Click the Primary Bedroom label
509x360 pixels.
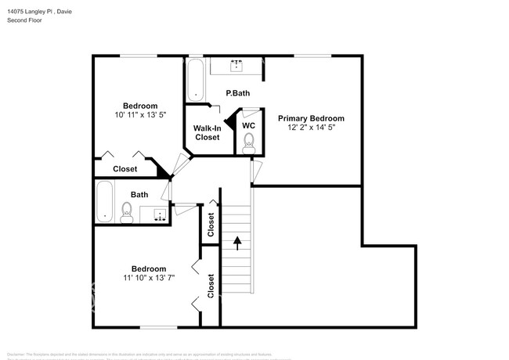[x=311, y=118]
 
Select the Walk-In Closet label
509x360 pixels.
[x=208, y=132]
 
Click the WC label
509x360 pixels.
[x=248, y=125]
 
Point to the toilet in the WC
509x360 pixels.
[x=249, y=142]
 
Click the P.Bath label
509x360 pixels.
[x=237, y=94]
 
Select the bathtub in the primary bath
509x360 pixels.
[x=196, y=81]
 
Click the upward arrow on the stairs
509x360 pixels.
[x=237, y=244]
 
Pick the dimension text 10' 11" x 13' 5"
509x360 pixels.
[x=139, y=116]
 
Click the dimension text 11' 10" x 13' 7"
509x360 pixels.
[x=148, y=277]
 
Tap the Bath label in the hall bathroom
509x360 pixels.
[x=139, y=195]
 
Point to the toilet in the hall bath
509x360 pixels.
[x=126, y=211]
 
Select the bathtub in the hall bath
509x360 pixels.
[x=105, y=202]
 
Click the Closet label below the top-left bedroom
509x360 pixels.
[x=125, y=169]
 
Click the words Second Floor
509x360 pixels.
[x=25, y=20]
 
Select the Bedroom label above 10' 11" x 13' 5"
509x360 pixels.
[x=140, y=106]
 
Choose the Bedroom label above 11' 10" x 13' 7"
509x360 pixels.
[x=148, y=267]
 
